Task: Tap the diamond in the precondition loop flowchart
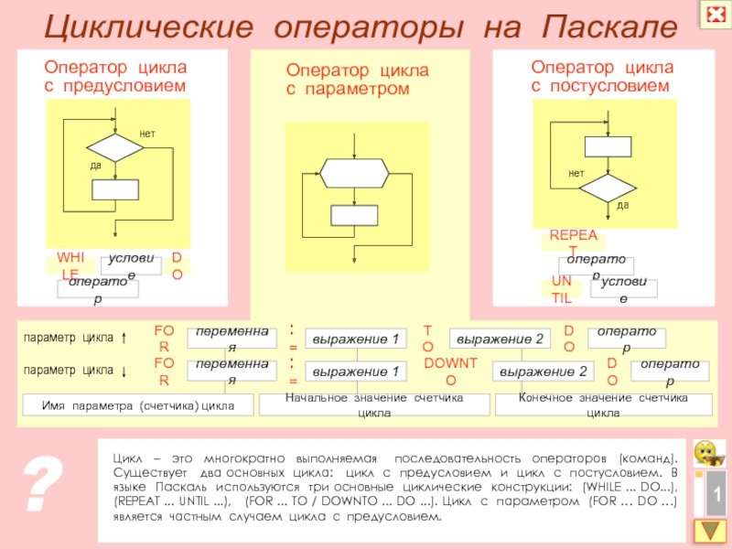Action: point(115,147)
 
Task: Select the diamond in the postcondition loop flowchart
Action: point(608,188)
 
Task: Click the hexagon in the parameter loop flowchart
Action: point(354,170)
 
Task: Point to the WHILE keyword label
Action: point(70,264)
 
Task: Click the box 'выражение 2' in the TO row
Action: point(501,340)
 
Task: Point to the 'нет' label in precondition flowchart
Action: point(147,135)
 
